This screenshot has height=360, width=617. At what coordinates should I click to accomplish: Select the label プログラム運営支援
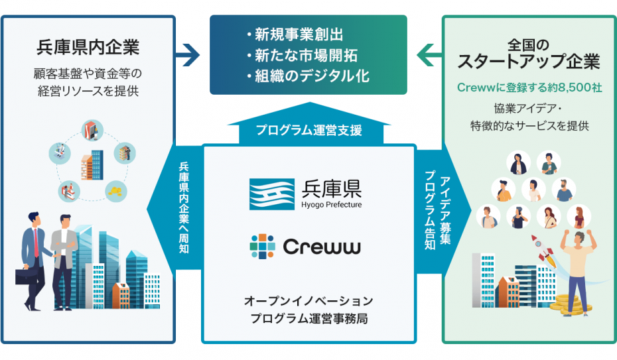[308, 130]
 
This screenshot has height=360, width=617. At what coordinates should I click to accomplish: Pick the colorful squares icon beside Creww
[262, 247]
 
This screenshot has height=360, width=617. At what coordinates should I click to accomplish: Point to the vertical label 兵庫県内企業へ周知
[184, 208]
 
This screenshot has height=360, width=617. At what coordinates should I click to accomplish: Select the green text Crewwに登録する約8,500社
[529, 88]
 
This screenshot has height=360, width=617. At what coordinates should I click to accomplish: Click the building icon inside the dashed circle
[92, 164]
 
